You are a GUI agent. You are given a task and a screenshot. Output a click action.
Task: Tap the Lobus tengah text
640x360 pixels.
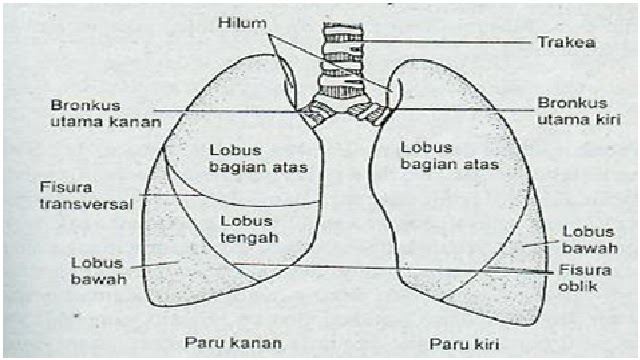[x=245, y=228]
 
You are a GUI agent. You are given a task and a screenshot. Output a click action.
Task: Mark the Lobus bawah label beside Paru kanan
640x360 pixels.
[x=98, y=270]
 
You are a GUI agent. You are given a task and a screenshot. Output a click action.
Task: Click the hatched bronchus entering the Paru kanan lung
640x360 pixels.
[x=319, y=113]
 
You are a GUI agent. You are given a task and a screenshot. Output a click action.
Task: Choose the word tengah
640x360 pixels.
[x=245, y=236]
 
